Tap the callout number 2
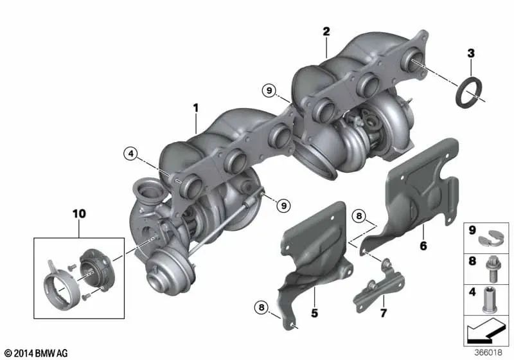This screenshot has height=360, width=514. [x=326, y=32]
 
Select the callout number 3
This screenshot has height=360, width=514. [x=471, y=53]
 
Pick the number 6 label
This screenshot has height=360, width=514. [x=423, y=244]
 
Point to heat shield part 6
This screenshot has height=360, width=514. [x=414, y=193]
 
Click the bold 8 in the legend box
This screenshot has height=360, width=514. [x=472, y=262]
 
